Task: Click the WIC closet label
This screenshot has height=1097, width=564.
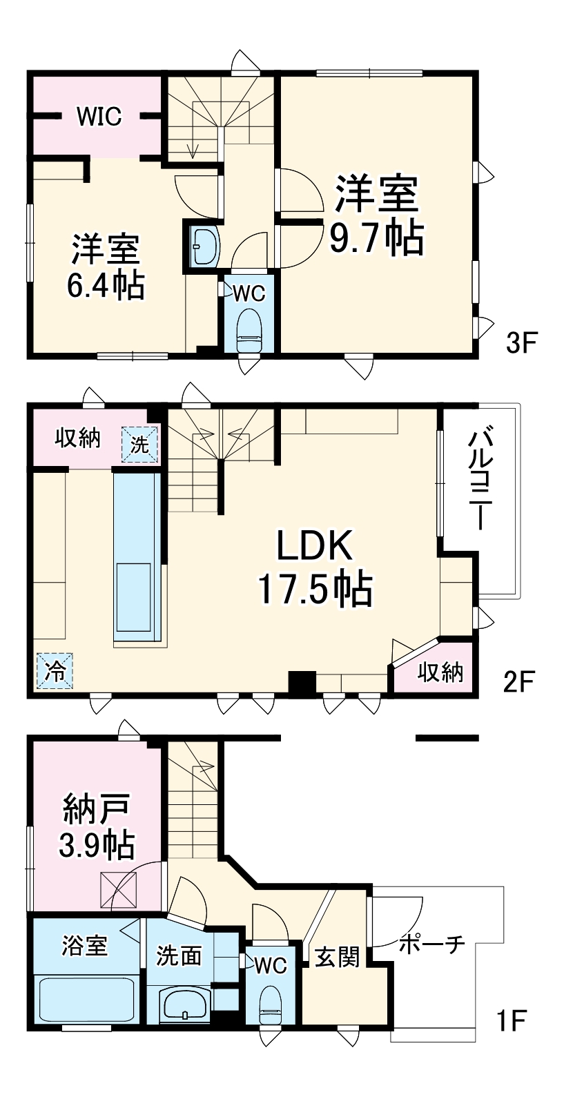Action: click(x=99, y=116)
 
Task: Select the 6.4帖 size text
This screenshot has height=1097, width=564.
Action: click(x=106, y=284)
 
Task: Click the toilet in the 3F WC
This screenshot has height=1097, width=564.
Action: click(x=249, y=330)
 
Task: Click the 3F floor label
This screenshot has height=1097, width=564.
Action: click(x=521, y=342)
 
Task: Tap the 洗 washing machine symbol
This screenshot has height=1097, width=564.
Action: click(x=140, y=444)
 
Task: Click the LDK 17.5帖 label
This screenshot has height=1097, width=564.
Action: click(x=315, y=567)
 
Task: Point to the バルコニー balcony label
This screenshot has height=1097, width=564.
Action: click(x=480, y=478)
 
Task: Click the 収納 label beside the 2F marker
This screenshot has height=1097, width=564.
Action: click(x=439, y=671)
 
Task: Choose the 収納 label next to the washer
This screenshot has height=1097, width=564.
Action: click(x=77, y=437)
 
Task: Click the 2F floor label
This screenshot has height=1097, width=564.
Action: click(x=519, y=682)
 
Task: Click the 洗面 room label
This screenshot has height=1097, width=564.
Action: click(x=179, y=956)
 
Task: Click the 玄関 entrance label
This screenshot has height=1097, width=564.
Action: click(x=338, y=957)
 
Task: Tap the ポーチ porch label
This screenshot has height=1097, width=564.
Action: click(x=431, y=943)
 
